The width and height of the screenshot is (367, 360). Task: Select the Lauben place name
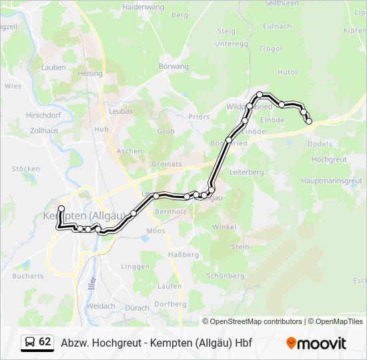click(x=53, y=67)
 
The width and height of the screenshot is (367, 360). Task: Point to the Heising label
click(x=90, y=73)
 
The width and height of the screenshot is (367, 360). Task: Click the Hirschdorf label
click(x=44, y=115)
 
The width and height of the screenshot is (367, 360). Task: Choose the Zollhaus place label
click(x=44, y=131)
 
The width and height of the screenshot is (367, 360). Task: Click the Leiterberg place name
click(x=247, y=172)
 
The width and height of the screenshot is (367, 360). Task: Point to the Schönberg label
click(x=226, y=275)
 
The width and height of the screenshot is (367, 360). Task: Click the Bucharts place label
click(x=28, y=276)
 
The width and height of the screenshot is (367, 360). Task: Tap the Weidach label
click(x=101, y=306)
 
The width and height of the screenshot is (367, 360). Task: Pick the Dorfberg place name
click(x=170, y=303)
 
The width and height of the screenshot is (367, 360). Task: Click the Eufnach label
click(x=278, y=26)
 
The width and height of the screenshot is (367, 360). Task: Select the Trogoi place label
click(x=270, y=49)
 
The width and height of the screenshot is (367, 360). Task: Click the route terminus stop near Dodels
click(x=309, y=121)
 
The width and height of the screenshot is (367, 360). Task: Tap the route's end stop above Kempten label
click(x=61, y=209)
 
